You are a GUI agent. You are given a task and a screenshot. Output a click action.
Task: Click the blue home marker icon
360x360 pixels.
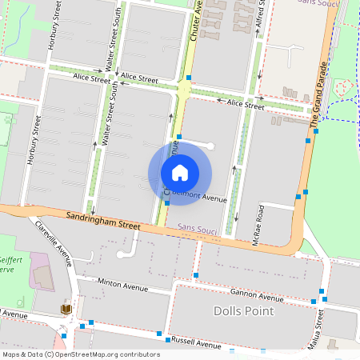pos(180,172)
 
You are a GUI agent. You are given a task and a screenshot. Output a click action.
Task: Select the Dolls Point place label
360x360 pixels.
pos(243,310)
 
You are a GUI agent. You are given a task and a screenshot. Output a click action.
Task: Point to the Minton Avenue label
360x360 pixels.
pos(123,283)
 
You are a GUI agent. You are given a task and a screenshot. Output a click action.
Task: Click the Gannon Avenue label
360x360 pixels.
pos(234,294)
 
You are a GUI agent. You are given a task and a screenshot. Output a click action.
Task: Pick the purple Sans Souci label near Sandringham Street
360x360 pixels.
pos(197,226)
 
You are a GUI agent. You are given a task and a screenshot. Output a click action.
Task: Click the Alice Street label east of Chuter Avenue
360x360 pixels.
pos(245,104)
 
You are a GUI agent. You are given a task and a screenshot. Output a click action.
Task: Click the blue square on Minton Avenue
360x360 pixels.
pos(196,276)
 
